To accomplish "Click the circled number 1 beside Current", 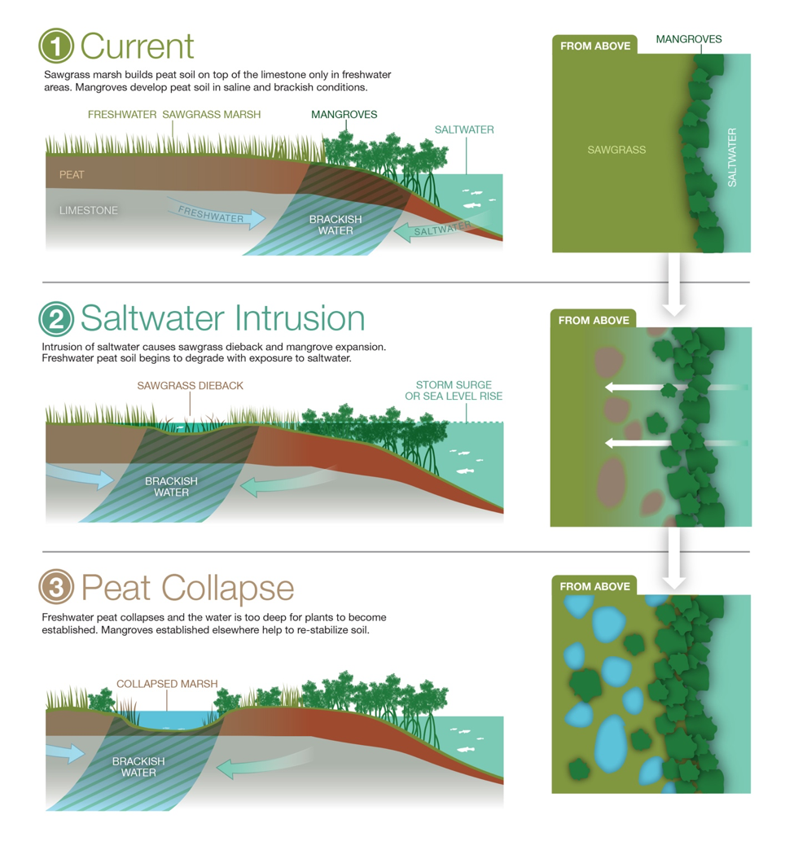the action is click(x=56, y=46).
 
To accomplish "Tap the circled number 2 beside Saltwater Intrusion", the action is click(x=56, y=318).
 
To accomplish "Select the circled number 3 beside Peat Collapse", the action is click(x=56, y=586).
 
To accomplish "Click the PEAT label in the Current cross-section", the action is click(x=72, y=175).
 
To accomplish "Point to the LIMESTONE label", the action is click(x=89, y=210).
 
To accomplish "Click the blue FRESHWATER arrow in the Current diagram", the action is click(x=216, y=213).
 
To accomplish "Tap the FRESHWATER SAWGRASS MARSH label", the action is click(x=174, y=114).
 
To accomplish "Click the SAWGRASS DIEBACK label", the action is click(x=190, y=386).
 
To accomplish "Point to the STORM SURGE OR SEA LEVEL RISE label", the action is click(x=454, y=391).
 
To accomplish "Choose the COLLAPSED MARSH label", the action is click(x=168, y=684).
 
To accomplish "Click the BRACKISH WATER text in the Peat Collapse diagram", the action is click(x=138, y=767).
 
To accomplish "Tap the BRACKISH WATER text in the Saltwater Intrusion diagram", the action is click(x=171, y=487).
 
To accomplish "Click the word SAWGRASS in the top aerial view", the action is click(x=616, y=150).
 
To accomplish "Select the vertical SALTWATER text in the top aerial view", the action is click(x=732, y=158).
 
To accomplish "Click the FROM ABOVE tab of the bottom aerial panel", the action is click(x=595, y=586).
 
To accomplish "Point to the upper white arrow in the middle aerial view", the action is click(x=676, y=388).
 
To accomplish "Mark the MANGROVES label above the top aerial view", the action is click(x=689, y=39).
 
